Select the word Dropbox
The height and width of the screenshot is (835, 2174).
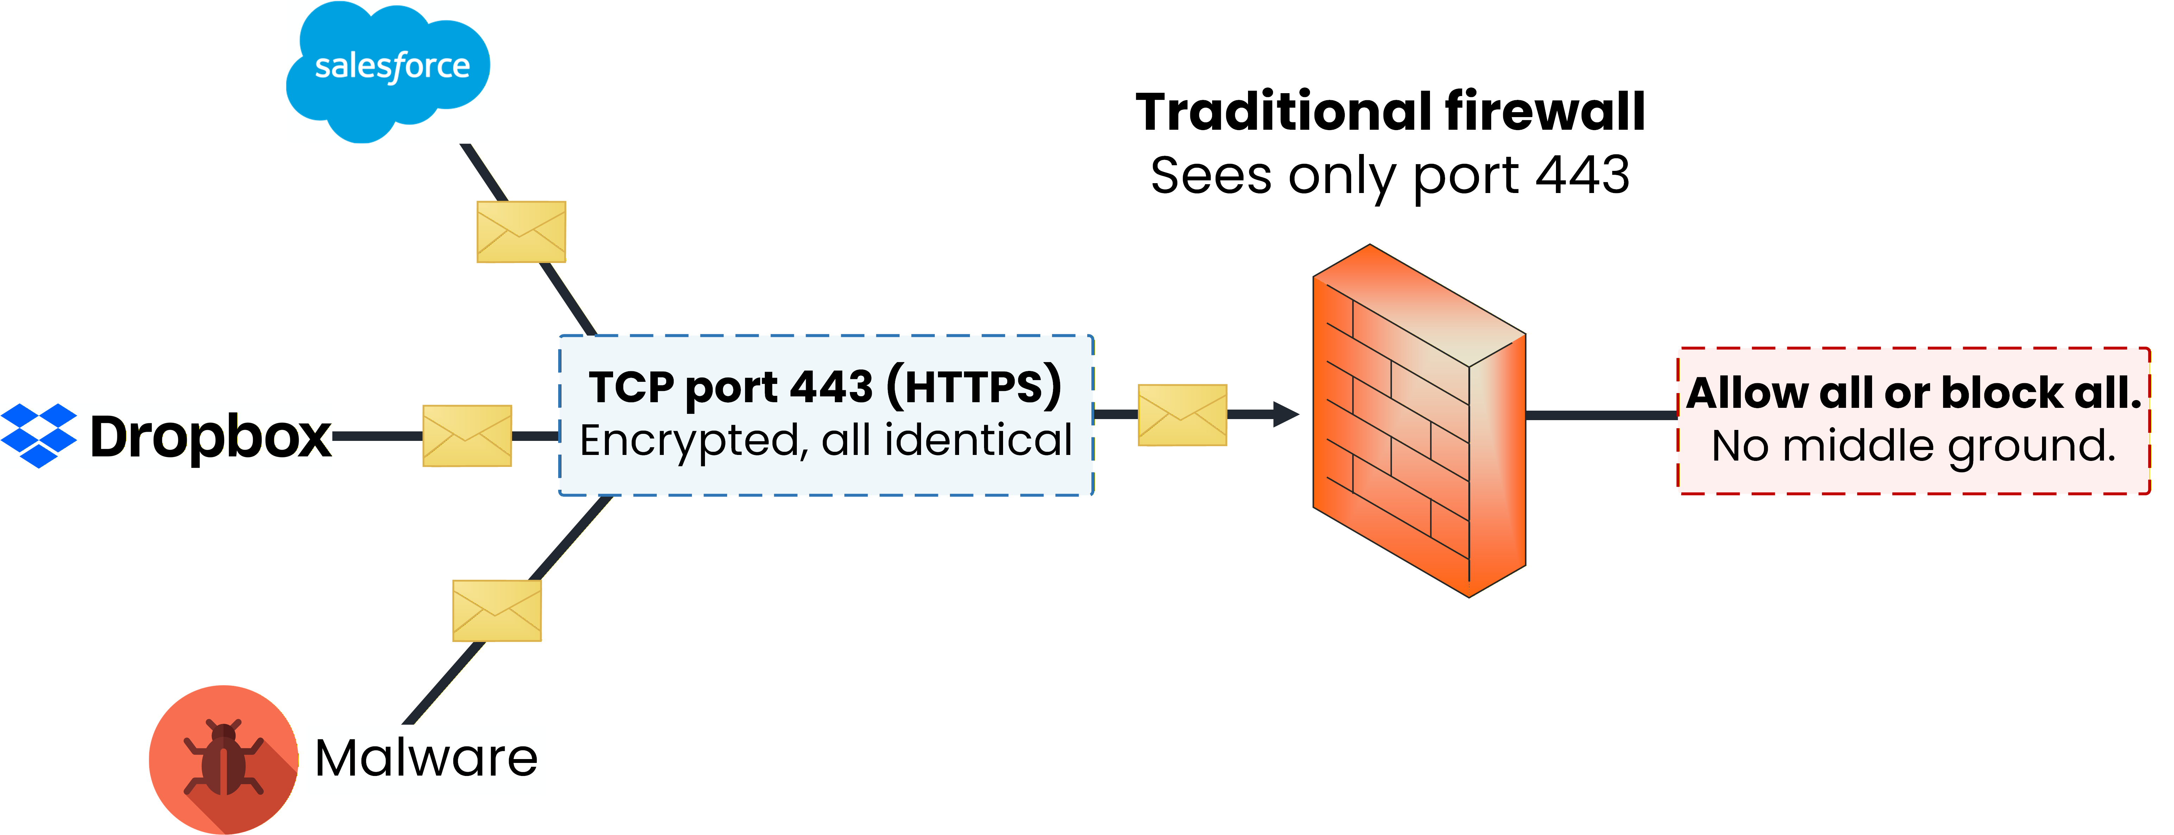click(211, 437)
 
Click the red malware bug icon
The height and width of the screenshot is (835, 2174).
click(223, 759)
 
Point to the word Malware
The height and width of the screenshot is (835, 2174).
click(426, 757)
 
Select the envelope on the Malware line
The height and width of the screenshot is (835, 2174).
click(497, 611)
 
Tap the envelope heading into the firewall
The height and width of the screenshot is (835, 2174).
click(1182, 415)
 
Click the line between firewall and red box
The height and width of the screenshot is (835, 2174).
click(1601, 415)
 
